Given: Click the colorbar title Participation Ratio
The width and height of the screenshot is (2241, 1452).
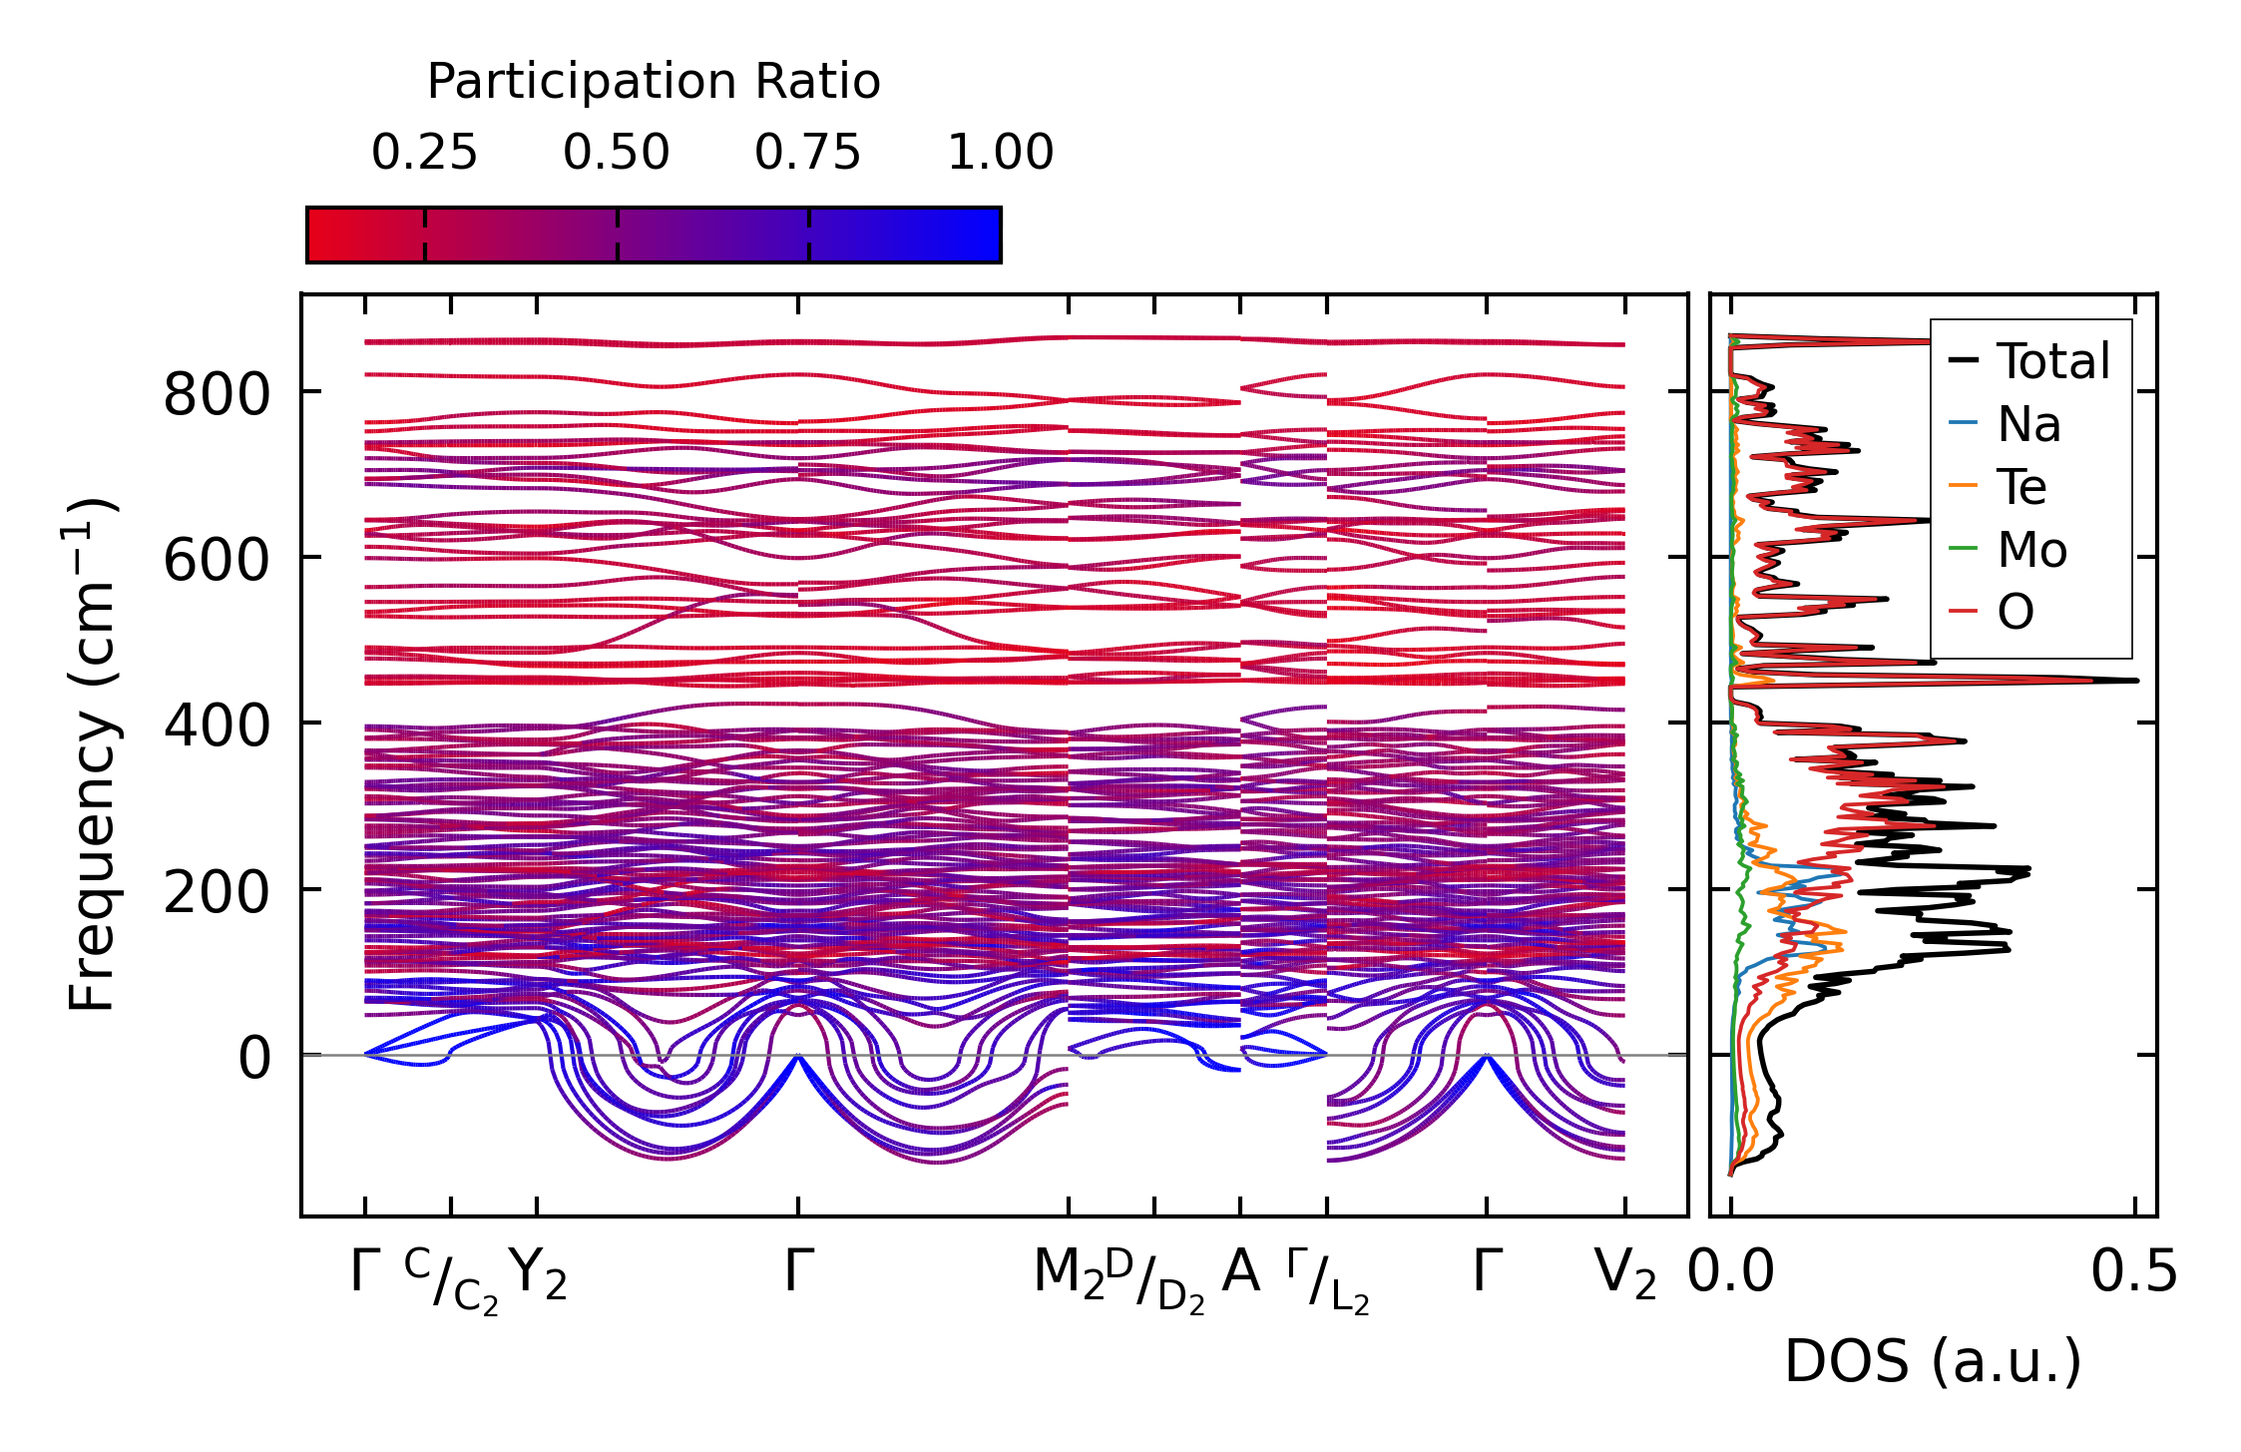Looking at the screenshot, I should (x=654, y=82).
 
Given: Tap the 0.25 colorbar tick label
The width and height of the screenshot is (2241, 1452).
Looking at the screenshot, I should (x=424, y=154).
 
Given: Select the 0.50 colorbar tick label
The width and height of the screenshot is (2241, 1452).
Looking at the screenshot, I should (x=616, y=154).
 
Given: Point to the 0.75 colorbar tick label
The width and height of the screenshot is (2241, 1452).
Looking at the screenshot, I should (x=807, y=154).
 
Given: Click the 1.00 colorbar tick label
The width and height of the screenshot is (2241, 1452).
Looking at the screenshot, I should (x=1000, y=154).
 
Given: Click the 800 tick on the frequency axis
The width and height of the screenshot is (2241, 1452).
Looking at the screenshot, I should (x=217, y=394).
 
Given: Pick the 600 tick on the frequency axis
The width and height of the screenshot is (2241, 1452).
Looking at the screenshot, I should (x=217, y=560).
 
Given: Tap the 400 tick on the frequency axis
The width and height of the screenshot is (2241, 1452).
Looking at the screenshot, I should (x=217, y=726).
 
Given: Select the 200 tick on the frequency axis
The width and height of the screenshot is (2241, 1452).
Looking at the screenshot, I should (x=217, y=892).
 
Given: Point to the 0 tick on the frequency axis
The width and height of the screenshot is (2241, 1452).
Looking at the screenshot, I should (x=254, y=1058).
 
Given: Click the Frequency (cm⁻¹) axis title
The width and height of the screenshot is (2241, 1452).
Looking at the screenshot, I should (x=92, y=754).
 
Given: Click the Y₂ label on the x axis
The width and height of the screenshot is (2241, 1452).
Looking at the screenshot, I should (x=538, y=1274).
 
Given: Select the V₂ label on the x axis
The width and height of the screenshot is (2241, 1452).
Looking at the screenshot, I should (x=1625, y=1274).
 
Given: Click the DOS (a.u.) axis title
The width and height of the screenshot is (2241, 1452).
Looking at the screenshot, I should (x=1933, y=1361).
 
